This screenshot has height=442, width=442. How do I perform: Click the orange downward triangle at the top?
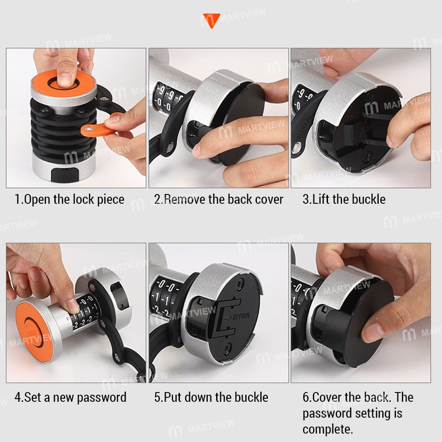211,19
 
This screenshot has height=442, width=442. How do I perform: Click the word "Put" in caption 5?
172,397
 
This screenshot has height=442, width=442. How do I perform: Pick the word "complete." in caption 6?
328,430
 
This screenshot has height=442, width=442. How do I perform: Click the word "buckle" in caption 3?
369,199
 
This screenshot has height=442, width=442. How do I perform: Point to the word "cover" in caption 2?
269,200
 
